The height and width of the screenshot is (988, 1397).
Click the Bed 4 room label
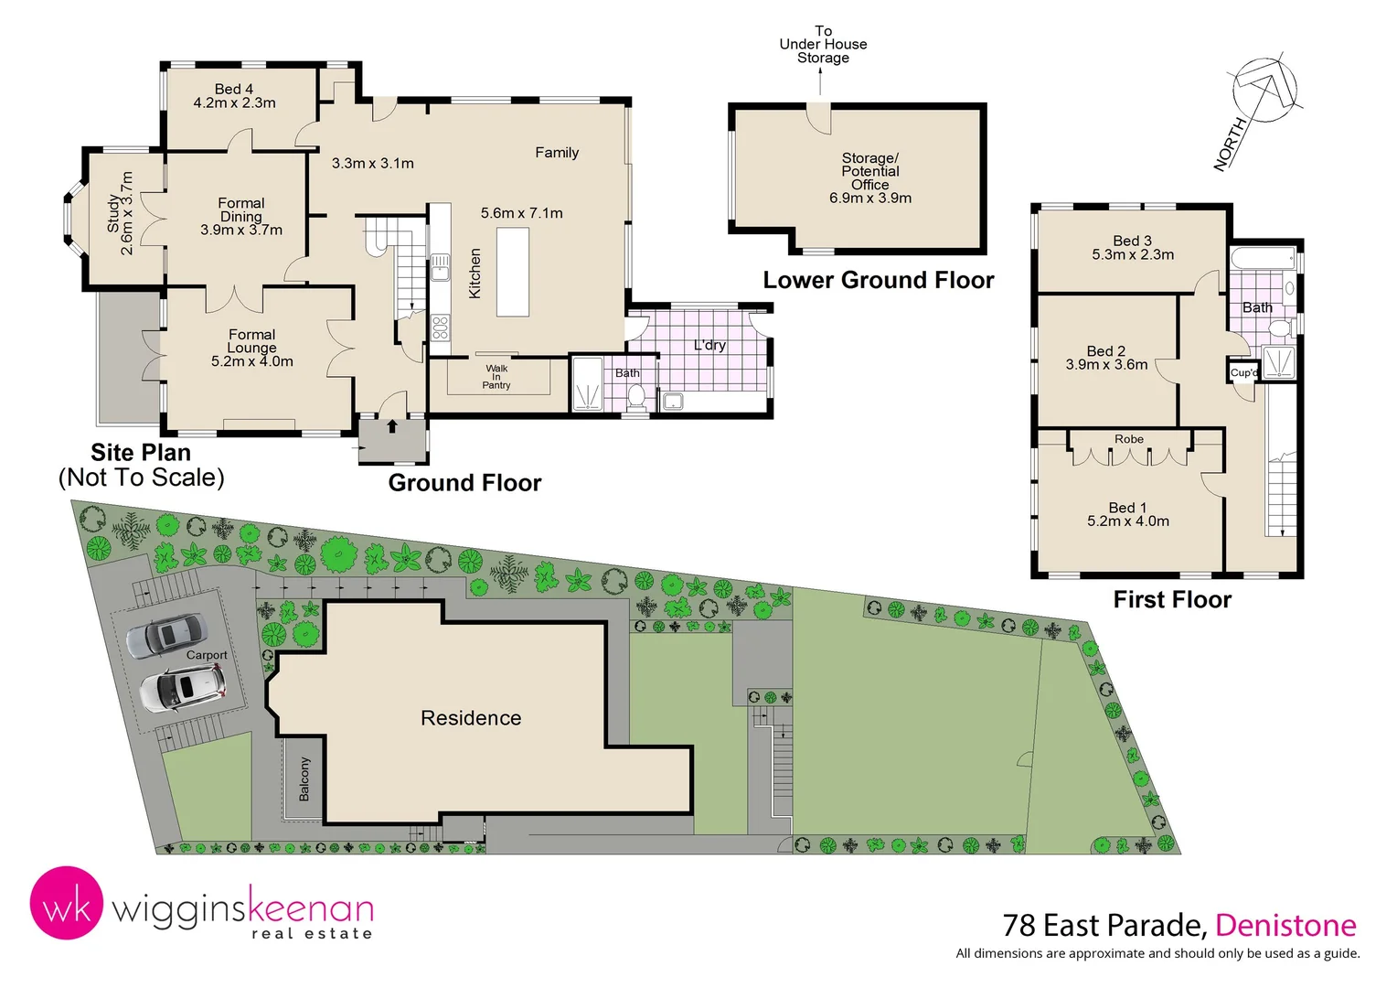coord(234,90)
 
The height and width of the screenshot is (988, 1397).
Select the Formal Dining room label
coord(241,209)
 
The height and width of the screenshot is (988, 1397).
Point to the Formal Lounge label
coord(251,341)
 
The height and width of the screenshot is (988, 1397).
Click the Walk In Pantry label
coord(496,377)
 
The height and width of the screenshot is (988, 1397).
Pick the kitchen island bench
coord(513,272)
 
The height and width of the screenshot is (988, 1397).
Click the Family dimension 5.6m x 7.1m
coord(522,213)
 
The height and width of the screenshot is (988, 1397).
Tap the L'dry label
coord(709,345)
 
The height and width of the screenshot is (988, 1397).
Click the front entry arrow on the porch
coord(392,425)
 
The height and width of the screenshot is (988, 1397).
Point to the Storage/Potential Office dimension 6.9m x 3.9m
coord(870,198)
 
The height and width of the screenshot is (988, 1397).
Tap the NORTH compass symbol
coord(1263,91)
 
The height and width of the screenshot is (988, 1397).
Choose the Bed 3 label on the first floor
coord(1133,241)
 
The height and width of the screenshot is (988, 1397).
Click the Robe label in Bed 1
coord(1129,439)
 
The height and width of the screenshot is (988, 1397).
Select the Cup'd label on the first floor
coord(1243,372)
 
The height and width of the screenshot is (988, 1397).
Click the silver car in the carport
coord(165,635)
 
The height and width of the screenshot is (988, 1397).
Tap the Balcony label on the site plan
coord(304,779)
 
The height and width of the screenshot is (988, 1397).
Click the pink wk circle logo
coord(66,904)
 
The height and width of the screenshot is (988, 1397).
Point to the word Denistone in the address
coord(1285,926)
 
